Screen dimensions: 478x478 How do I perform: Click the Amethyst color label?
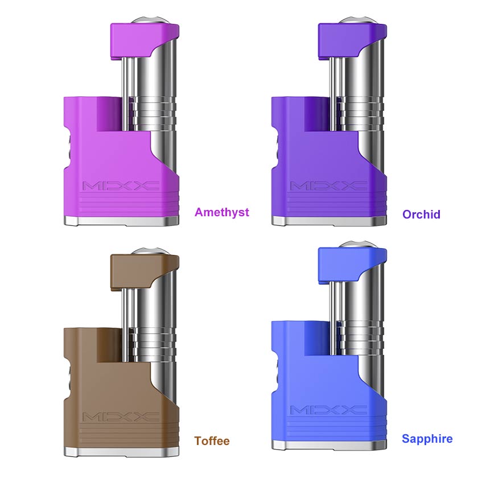221,212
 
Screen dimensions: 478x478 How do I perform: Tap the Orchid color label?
421,215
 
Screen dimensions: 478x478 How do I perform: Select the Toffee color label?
212,441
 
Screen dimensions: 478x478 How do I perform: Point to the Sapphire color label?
427,439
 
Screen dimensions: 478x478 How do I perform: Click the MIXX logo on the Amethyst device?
121,186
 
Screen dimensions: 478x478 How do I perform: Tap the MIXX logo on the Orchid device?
329,186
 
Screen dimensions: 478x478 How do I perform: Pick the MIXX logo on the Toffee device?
121,417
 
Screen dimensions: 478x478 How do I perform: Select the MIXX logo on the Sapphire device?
329,410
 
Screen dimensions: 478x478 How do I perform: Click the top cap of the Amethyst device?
144,40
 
